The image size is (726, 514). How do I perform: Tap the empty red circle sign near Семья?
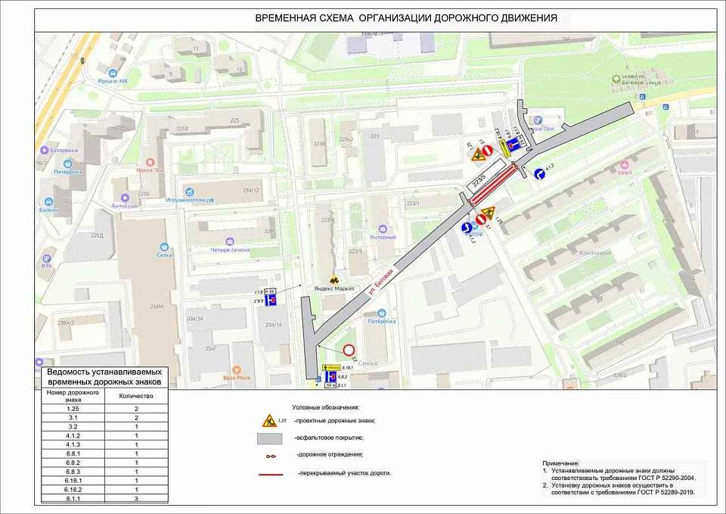[x=349, y=351]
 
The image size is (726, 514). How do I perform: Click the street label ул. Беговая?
[x=382, y=282]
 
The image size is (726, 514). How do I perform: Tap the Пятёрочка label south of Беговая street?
[x=382, y=321]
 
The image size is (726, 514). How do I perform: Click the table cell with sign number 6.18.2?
[x=68, y=489]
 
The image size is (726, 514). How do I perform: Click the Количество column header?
[x=135, y=395]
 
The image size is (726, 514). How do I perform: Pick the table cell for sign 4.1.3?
[x=68, y=444]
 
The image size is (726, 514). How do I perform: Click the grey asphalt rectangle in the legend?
[x=269, y=438]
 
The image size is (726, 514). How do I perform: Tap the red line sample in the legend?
[x=269, y=473]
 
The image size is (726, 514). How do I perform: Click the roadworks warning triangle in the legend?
[x=269, y=421]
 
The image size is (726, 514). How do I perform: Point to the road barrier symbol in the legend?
[x=269, y=455]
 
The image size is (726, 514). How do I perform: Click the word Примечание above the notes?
[x=560, y=463]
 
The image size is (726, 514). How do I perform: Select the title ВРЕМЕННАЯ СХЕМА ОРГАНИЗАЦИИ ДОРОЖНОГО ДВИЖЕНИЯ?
[x=406, y=17]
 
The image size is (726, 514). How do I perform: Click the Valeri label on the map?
[x=625, y=172]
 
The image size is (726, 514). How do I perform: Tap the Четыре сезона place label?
[x=230, y=250]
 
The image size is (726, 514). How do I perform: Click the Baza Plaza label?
[x=236, y=378]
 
